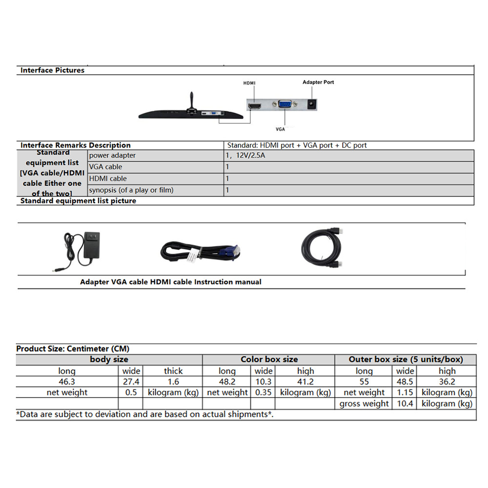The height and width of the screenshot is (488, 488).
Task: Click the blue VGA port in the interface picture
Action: (x=285, y=106)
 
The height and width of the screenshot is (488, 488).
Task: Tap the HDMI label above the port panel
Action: (x=249, y=83)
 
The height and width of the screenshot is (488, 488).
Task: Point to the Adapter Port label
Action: (x=318, y=82)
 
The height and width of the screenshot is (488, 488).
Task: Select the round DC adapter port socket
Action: (x=311, y=104)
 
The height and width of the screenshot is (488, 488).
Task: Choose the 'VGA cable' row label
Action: (x=106, y=167)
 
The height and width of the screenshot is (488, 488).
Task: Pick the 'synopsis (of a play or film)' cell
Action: (x=131, y=190)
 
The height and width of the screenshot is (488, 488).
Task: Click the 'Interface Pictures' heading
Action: (x=52, y=70)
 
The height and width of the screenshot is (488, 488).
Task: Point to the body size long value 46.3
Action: (x=67, y=382)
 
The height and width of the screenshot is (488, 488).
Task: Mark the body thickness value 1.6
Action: (x=173, y=382)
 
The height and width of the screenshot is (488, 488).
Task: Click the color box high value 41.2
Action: (x=305, y=382)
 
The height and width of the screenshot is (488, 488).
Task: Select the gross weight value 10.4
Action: (x=405, y=404)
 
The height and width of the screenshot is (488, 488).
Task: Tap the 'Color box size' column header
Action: (x=269, y=360)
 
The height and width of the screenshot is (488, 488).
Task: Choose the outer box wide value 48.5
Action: (x=405, y=382)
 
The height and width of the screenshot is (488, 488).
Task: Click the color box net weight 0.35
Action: (x=263, y=392)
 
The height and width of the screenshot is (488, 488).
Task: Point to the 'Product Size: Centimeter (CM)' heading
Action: (x=73, y=349)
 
